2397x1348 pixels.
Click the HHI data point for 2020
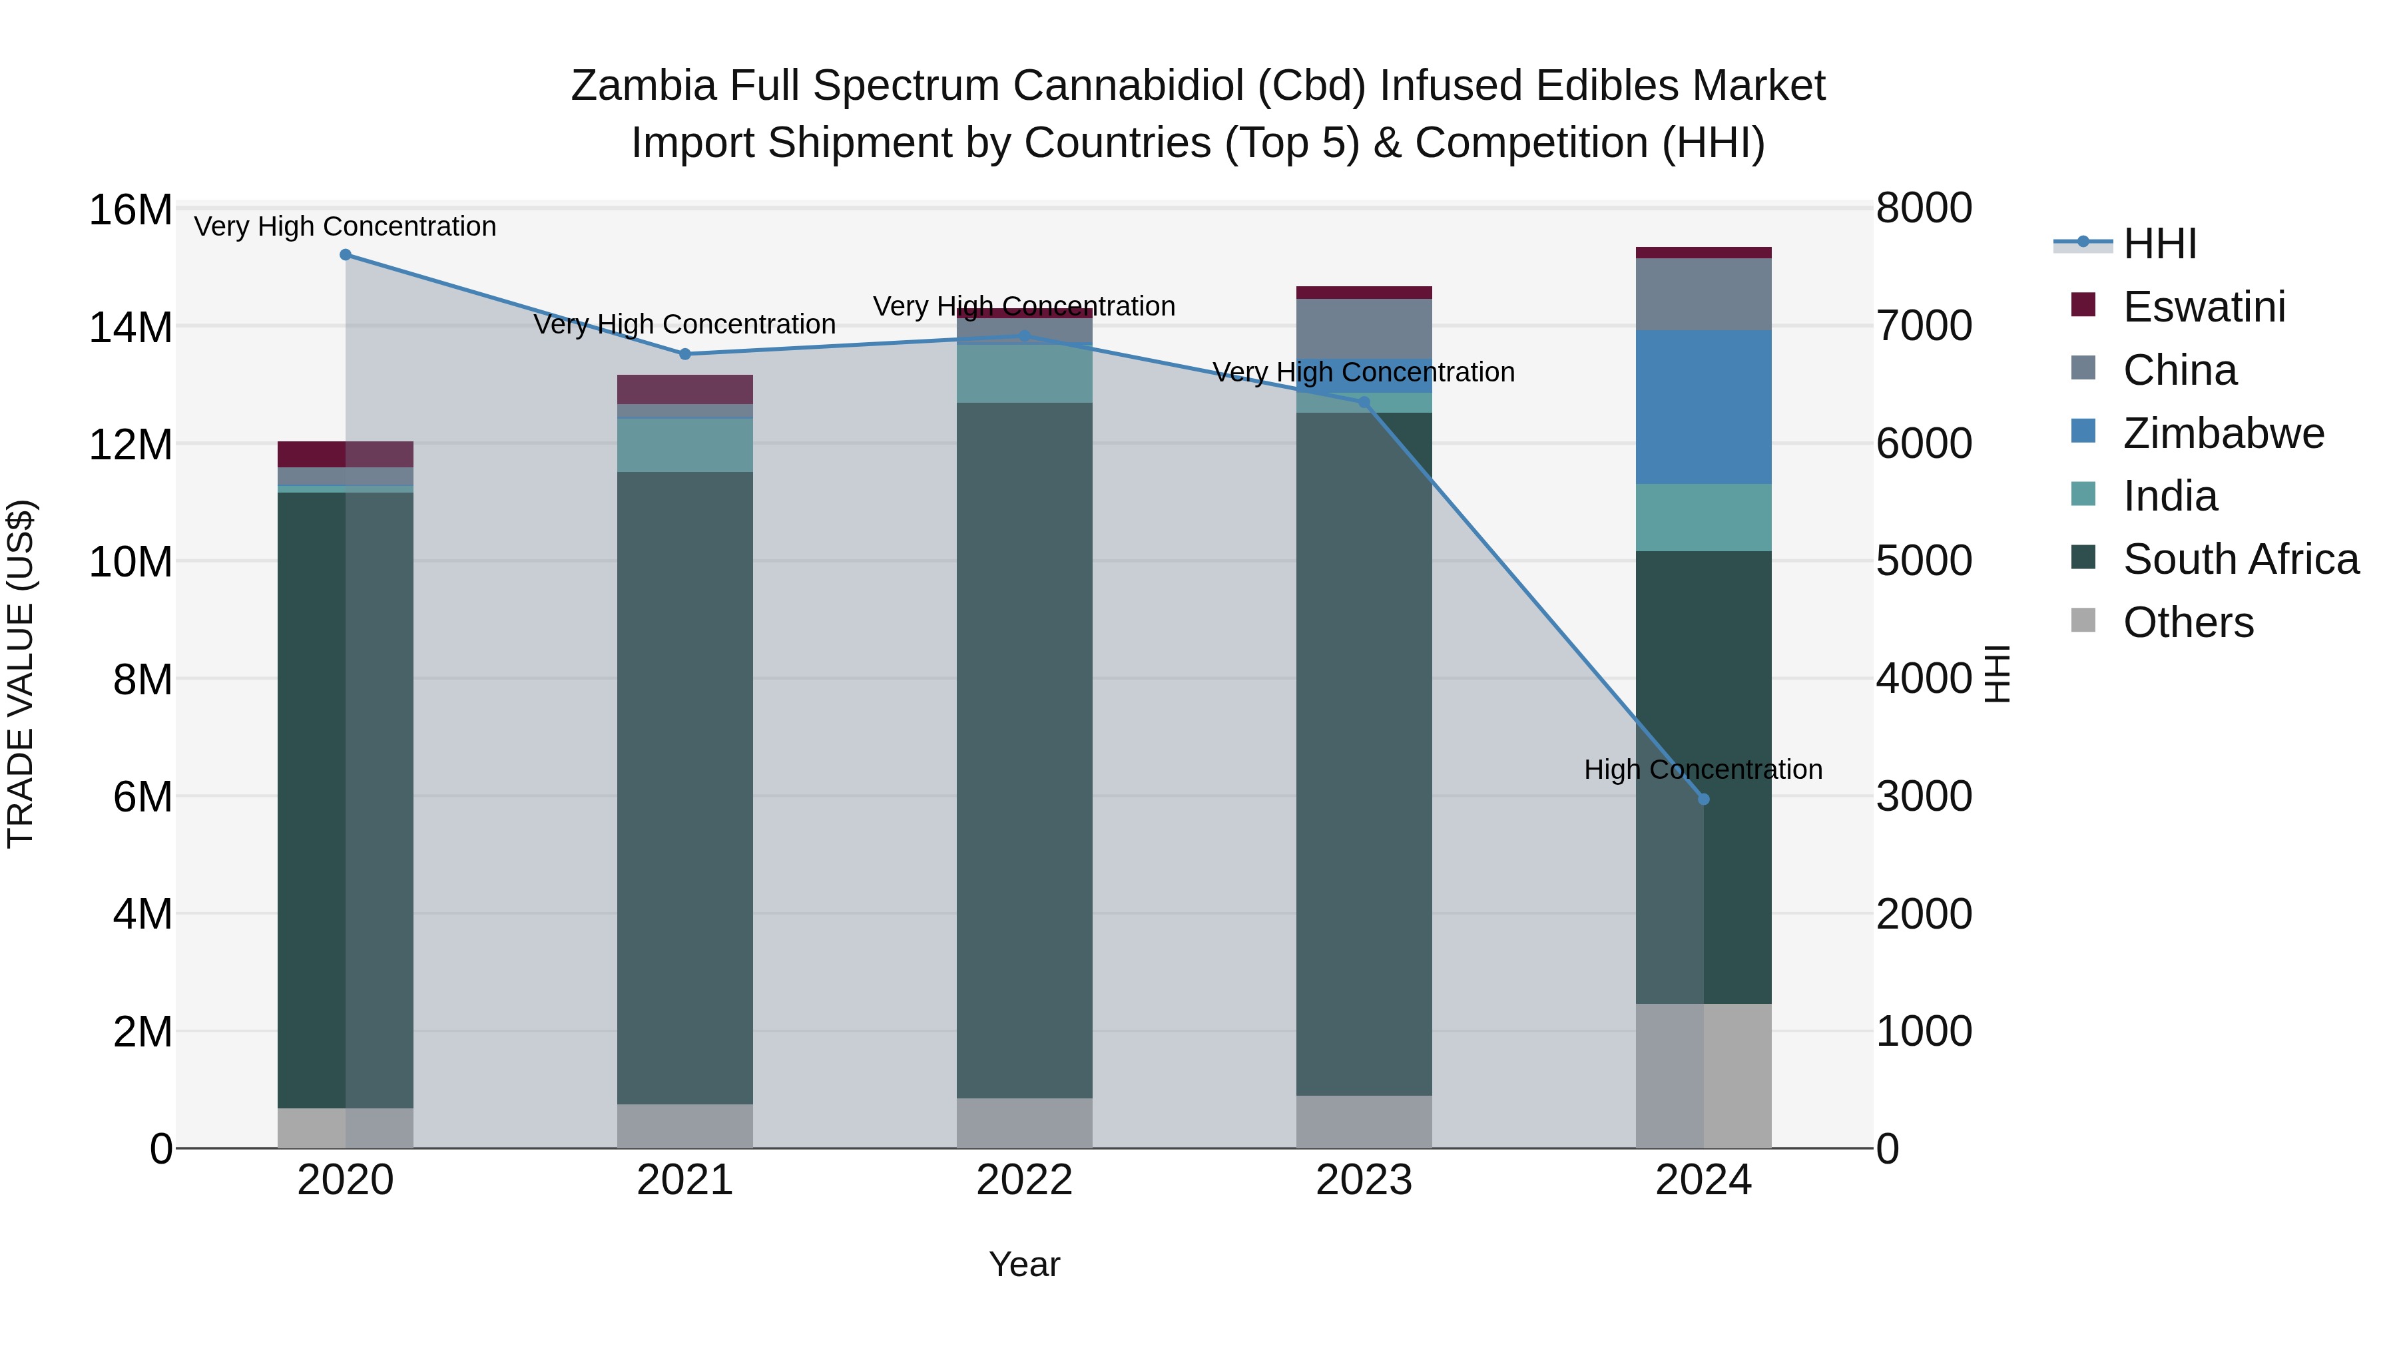coord(345,255)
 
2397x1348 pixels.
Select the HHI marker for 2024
coord(1704,799)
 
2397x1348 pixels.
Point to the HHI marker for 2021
coord(685,354)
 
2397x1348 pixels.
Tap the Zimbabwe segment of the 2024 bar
coord(1704,407)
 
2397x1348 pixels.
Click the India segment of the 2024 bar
coord(1704,517)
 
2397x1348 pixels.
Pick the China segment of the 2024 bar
coord(1704,294)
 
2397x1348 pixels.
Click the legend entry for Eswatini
coord(2203,307)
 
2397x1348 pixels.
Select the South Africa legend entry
coord(2240,559)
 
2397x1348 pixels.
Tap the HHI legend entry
coord(2159,244)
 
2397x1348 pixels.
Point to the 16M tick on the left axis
coord(131,210)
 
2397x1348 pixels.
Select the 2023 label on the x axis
coord(1364,1180)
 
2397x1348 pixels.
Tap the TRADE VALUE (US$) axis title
coord(21,674)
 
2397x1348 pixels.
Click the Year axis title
coord(1025,1265)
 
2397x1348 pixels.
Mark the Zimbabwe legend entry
coord(2223,433)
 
